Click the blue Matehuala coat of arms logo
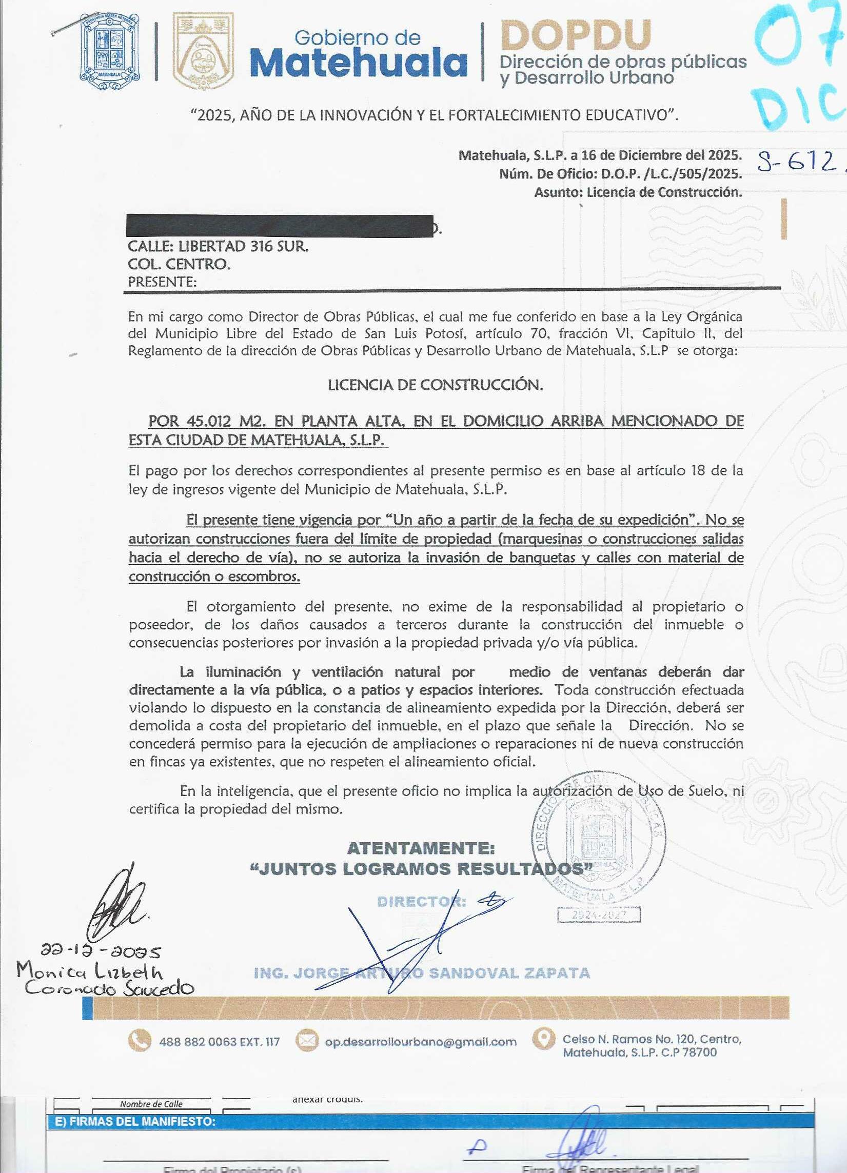click(110, 52)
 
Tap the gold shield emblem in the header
click(202, 52)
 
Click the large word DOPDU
click(576, 35)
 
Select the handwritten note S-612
click(797, 163)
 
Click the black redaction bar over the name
click(280, 226)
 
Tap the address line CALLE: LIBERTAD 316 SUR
click(218, 246)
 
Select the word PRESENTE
click(162, 282)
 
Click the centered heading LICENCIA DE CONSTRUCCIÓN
click(435, 385)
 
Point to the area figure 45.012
click(208, 421)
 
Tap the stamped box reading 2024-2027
click(599, 915)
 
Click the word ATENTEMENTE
click(421, 848)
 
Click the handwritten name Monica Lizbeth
click(89, 972)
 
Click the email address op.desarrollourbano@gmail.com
click(420, 1042)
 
